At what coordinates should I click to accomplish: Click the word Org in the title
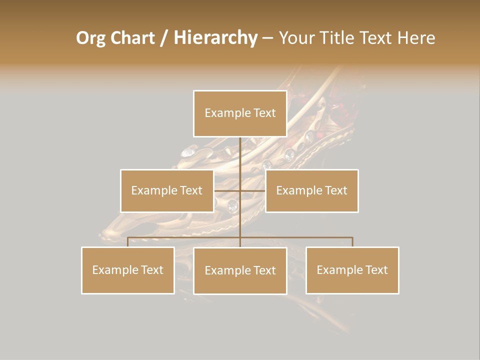click(90, 38)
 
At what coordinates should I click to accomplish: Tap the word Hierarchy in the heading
click(215, 38)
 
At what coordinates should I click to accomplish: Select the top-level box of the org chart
click(240, 113)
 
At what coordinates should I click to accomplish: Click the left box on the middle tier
click(167, 190)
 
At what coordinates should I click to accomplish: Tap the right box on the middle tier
click(312, 190)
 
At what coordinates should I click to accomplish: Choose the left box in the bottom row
click(128, 270)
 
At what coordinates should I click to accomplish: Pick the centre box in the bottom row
click(240, 270)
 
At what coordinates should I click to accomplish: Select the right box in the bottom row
click(352, 270)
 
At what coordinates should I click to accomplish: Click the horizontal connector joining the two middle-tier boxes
click(252, 190)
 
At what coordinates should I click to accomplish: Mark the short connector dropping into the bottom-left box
click(128, 242)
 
